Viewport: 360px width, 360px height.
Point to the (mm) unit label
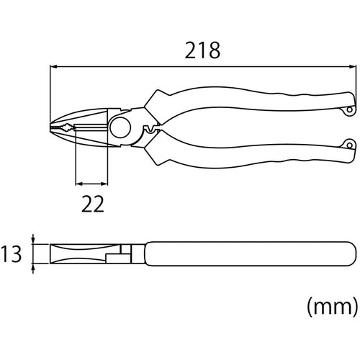click(332, 308)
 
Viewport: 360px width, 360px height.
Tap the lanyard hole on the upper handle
click(349, 110)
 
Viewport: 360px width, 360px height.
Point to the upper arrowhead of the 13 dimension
click(35, 238)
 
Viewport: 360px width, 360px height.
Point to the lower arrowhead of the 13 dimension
click(35, 269)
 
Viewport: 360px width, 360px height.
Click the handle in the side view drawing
click(245, 254)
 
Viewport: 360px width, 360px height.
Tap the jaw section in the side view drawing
click(72, 254)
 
